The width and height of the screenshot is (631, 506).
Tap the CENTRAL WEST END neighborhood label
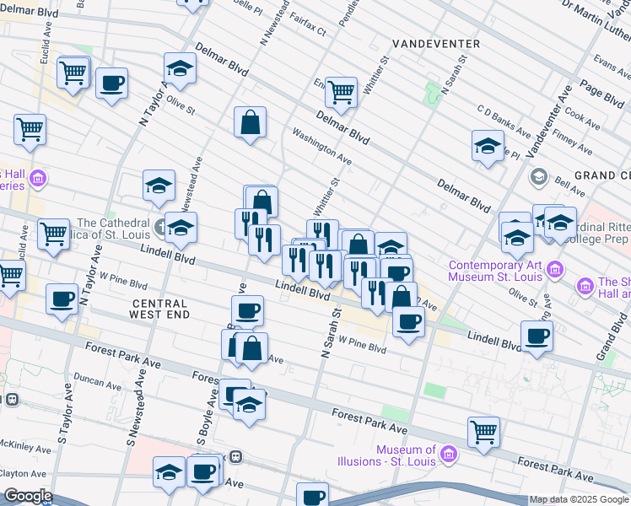(x=159, y=308)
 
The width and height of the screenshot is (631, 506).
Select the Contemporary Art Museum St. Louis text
(x=493, y=270)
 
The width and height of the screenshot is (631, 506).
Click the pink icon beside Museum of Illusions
(x=449, y=456)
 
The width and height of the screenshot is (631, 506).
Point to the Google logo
(x=27, y=496)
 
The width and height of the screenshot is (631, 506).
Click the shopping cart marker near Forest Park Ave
(x=484, y=432)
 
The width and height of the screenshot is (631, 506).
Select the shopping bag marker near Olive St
(x=251, y=122)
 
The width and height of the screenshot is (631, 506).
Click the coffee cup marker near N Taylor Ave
(x=111, y=83)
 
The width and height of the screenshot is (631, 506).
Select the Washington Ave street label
(x=321, y=146)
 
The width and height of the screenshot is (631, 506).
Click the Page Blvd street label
(x=601, y=94)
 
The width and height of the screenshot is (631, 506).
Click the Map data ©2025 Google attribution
(x=579, y=499)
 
